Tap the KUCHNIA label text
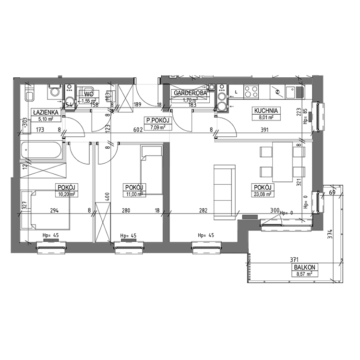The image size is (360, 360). pos(266,110)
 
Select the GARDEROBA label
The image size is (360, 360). pos(190,93)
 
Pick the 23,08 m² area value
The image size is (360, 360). pos(263,194)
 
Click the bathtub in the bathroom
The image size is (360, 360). pos(42,152)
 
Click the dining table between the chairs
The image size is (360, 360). pos(282,162)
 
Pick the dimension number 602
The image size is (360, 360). pos(138,129)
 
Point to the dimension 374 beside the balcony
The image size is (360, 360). pos(330,234)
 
